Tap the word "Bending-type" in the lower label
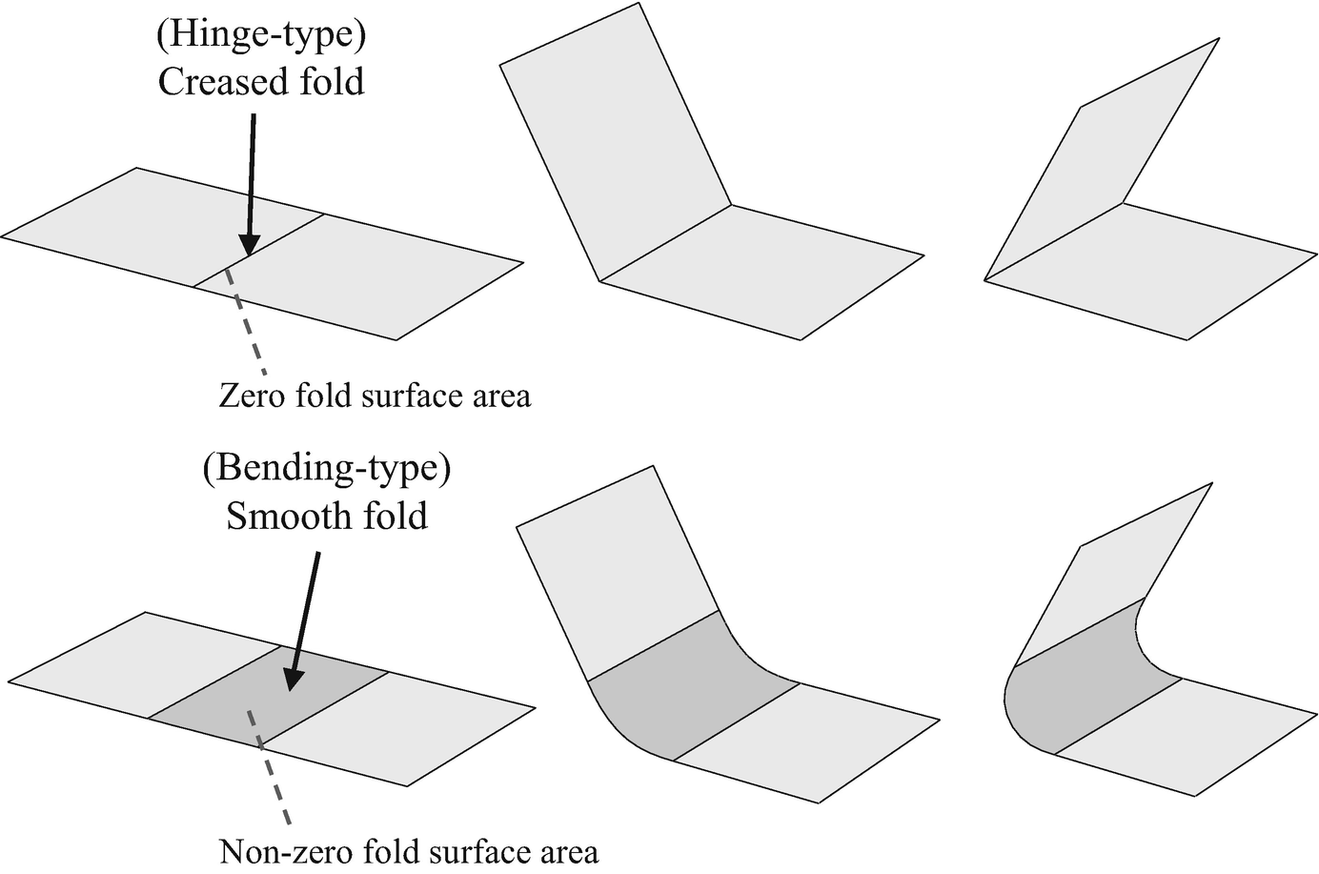pos(325,469)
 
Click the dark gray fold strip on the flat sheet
pos(270,696)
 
